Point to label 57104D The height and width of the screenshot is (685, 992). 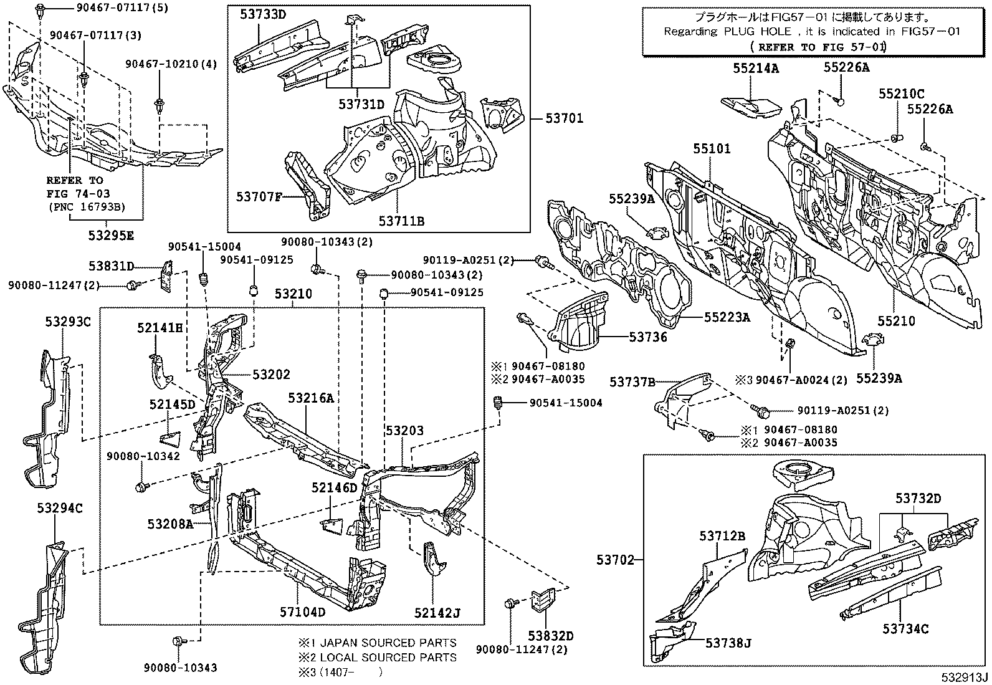[302, 611]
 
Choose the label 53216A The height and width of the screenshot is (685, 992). [311, 397]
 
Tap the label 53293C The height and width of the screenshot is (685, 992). [68, 322]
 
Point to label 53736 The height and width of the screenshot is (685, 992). [648, 337]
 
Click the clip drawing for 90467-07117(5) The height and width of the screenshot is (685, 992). [39, 10]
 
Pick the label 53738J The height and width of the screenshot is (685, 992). [728, 643]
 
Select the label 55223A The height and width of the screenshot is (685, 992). [727, 317]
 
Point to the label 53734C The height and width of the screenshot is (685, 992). [905, 629]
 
